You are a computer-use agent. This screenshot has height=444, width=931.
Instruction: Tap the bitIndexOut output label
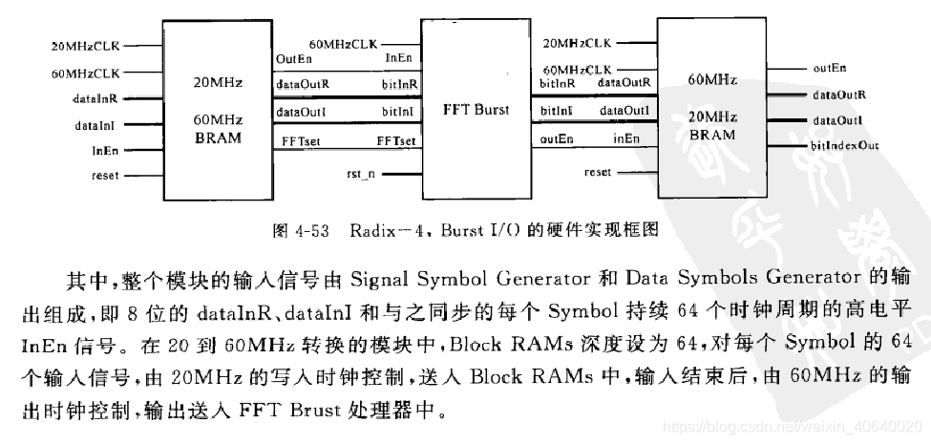[x=845, y=145]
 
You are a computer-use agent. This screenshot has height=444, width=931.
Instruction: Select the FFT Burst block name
[x=476, y=110]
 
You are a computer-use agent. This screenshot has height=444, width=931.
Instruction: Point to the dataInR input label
[x=95, y=98]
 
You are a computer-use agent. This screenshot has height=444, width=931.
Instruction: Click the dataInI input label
[x=95, y=124]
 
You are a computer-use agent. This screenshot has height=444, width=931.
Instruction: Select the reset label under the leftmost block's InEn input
[x=105, y=176]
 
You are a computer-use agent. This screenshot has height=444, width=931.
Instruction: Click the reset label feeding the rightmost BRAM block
[x=597, y=173]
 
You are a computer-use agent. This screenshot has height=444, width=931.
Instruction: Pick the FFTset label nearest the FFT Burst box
[x=395, y=140]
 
